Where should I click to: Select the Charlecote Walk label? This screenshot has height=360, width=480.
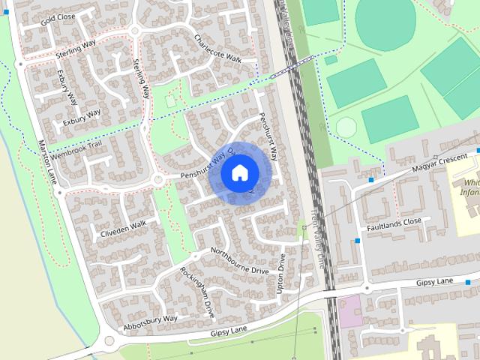coord(217,48)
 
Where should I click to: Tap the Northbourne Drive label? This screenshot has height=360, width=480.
coord(239,259)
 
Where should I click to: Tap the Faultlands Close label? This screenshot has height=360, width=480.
coord(394,223)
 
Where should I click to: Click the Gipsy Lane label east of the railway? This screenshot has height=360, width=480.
coord(436,281)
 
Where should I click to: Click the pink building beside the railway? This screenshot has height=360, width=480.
coord(349,310)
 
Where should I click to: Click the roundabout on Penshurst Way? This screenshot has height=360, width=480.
coord(158,180)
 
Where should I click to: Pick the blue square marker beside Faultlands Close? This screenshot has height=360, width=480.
coord(358,241)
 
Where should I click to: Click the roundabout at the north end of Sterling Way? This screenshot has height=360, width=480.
coord(135,31)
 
